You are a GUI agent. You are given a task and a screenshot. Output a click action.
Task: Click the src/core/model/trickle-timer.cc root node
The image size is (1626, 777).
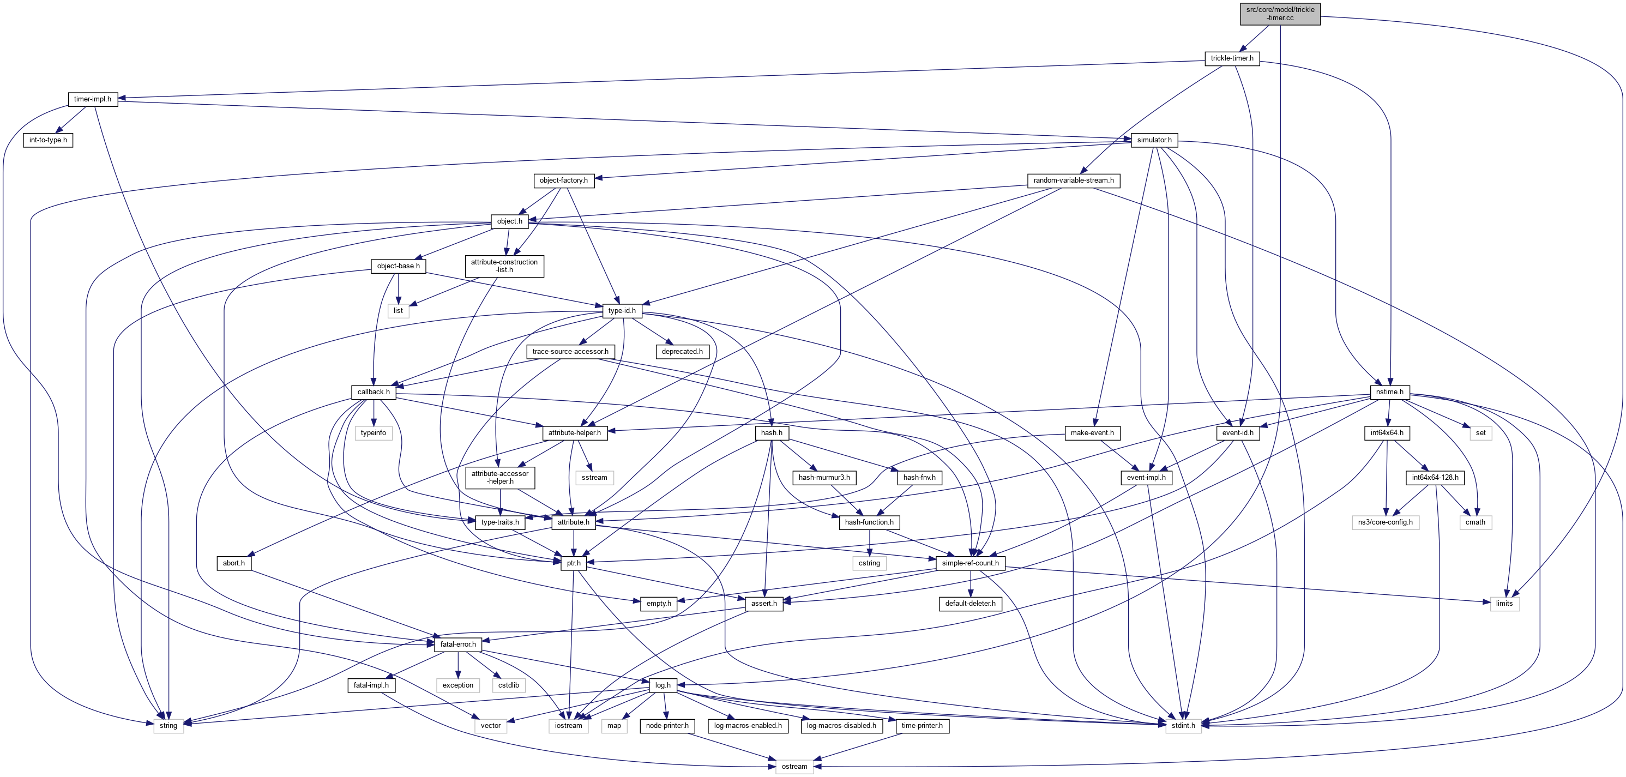1279,13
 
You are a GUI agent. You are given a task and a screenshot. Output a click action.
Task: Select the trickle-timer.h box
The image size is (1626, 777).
1231,58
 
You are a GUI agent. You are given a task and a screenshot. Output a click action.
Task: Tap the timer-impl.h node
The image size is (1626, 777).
92,99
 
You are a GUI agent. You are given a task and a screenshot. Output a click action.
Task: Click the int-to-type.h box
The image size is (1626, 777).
48,140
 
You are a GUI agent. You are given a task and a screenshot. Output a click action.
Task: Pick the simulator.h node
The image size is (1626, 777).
1154,140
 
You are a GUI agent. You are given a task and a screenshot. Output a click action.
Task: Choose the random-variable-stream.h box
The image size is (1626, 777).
1073,180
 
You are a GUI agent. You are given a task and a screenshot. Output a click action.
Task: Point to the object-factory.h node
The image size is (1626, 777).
563,180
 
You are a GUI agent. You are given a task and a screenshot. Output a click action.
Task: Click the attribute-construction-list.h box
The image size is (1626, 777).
504,266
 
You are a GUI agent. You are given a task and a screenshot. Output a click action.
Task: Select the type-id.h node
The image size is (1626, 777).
622,311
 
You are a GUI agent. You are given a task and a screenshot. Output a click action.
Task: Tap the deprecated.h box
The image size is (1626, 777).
682,352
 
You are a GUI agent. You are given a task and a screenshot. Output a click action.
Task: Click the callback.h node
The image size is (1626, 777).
374,392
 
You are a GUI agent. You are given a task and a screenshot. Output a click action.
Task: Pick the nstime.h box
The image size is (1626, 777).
1389,392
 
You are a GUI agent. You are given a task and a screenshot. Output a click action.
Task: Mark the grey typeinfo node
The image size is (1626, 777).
373,433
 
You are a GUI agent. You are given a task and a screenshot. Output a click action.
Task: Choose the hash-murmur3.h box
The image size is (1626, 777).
824,478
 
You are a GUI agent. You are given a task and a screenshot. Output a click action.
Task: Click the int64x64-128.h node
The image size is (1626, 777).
1435,478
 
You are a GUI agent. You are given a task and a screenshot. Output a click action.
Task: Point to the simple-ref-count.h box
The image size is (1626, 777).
969,563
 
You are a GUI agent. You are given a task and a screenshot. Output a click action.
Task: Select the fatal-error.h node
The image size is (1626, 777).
457,645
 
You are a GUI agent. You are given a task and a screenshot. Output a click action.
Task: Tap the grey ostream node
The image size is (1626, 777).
794,767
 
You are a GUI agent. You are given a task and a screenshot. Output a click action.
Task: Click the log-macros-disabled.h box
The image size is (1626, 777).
841,726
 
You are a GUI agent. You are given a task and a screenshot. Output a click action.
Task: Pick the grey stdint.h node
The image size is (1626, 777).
1183,726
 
